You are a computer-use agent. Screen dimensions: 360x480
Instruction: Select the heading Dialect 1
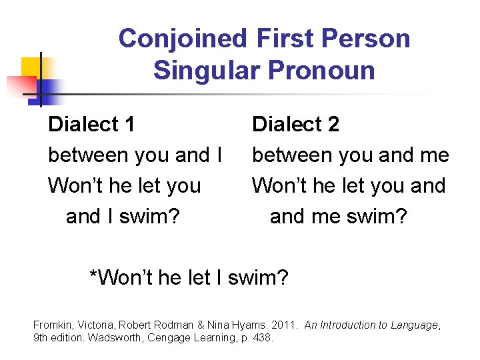pos(92,124)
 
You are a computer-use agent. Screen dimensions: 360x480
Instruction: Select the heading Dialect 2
pos(295,124)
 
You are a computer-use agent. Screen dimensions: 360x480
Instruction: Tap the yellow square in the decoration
pos(31,67)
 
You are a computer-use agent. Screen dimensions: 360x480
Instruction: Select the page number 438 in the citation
pos(263,338)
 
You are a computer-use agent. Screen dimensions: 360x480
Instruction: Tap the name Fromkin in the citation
pos(51,325)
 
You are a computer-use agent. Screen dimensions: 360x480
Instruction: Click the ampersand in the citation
pos(200,325)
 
